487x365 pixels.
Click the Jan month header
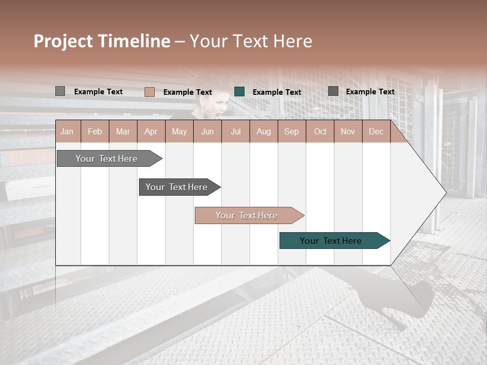(x=67, y=132)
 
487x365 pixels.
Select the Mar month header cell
(x=123, y=132)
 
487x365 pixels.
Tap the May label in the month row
(x=179, y=132)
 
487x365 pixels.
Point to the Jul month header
(x=235, y=132)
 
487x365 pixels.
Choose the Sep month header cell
(x=291, y=132)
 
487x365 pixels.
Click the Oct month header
(x=320, y=132)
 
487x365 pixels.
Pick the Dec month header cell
(x=376, y=132)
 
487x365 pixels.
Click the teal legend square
(x=239, y=92)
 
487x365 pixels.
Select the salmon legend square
(x=150, y=92)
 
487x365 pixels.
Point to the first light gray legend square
(x=60, y=91)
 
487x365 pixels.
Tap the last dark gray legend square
(x=333, y=91)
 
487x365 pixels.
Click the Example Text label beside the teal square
(x=277, y=92)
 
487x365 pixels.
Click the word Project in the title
(x=64, y=42)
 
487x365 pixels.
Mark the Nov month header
(x=348, y=132)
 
